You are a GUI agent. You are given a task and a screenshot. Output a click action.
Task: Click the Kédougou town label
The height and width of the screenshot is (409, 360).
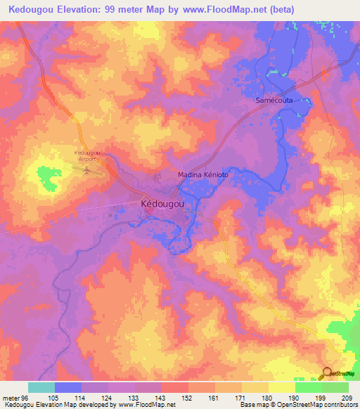tap(162, 204)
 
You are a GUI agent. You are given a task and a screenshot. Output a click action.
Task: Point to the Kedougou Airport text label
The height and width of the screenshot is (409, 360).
tap(87, 155)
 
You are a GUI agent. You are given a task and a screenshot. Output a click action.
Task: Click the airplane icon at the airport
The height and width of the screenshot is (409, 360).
tap(88, 169)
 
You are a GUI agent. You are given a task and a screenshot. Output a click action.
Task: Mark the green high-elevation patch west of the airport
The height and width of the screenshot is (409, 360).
tap(47, 177)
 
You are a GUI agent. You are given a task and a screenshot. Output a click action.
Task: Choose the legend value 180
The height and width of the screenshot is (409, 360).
tap(268, 397)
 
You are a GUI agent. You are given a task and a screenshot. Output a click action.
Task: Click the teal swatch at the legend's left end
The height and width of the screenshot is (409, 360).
tap(41, 387)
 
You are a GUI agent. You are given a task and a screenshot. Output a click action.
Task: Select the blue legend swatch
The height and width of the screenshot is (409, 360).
tap(67, 387)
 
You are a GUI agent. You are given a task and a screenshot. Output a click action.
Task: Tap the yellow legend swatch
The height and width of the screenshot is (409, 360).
tap(281, 387)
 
